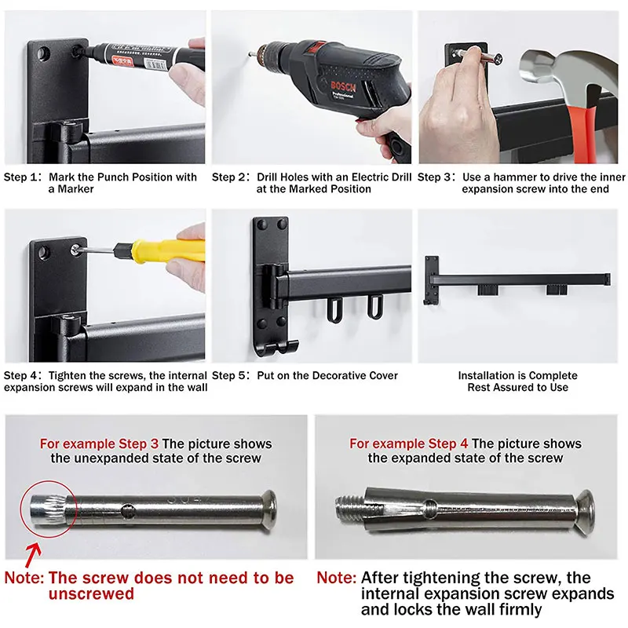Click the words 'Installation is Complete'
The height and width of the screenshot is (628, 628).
point(517,376)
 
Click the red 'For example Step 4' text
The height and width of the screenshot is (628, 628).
point(408,444)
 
